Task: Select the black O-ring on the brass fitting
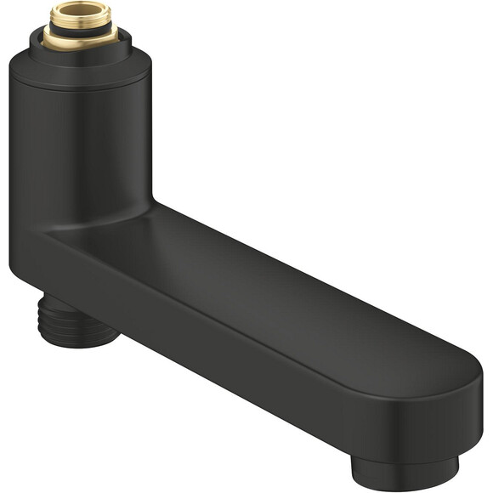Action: (79, 31)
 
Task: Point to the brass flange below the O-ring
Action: (79, 41)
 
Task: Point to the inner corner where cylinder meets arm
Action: (150, 204)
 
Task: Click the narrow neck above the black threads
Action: (64, 302)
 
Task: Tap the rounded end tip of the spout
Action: (473, 399)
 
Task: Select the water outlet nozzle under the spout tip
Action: (406, 472)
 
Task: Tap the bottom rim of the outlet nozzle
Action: (406, 485)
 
